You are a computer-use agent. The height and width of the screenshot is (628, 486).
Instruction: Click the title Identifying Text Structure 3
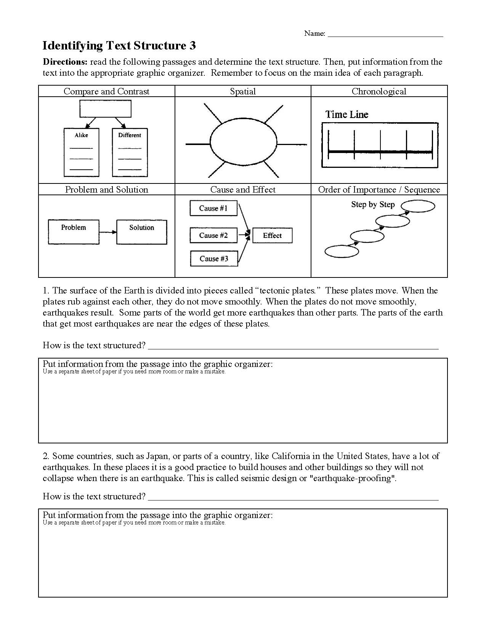pyautogui.click(x=119, y=46)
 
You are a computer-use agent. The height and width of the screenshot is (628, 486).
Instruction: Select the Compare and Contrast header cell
pyautogui.click(x=106, y=91)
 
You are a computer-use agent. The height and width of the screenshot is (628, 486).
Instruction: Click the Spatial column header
pyautogui.click(x=243, y=91)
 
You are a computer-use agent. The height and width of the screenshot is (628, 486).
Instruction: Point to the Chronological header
pyautogui.click(x=379, y=91)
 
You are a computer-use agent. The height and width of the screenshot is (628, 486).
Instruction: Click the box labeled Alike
pyautogui.click(x=81, y=153)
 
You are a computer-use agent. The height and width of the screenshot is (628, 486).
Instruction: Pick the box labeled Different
pyautogui.click(x=130, y=153)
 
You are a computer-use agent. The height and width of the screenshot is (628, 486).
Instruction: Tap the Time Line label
pyautogui.click(x=346, y=115)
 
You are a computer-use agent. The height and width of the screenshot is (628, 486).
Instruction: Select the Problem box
pyautogui.click(x=74, y=231)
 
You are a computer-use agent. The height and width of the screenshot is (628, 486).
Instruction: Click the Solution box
pyautogui.click(x=141, y=231)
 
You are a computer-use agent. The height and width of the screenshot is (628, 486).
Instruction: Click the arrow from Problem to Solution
pyautogui.click(x=108, y=232)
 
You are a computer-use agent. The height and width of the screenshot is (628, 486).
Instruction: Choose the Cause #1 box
pyautogui.click(x=213, y=208)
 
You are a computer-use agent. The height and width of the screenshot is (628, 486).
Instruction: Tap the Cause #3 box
pyautogui.click(x=214, y=259)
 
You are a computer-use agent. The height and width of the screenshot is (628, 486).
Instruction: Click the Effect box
pyautogui.click(x=272, y=235)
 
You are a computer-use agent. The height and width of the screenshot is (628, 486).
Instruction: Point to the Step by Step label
pyautogui.click(x=373, y=205)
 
